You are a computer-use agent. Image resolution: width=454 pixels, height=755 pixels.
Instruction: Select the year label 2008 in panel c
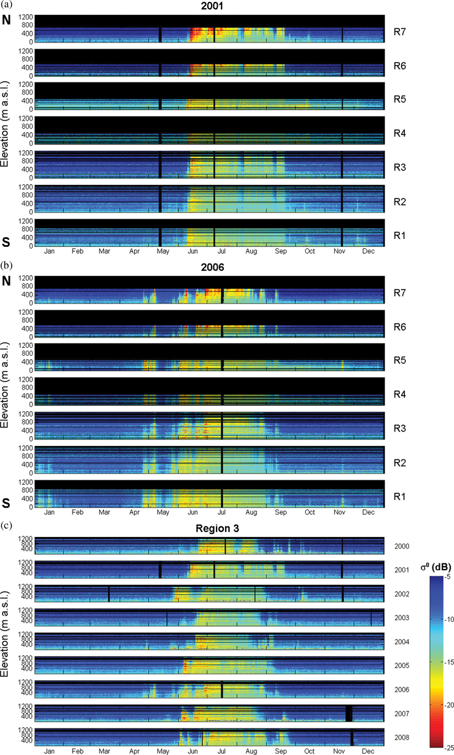402,737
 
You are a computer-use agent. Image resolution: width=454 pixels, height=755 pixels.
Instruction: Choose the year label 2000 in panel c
402,546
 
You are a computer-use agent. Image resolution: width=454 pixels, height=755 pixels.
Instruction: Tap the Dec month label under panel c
368,752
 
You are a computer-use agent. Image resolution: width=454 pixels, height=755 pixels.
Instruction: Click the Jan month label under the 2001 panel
50,252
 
